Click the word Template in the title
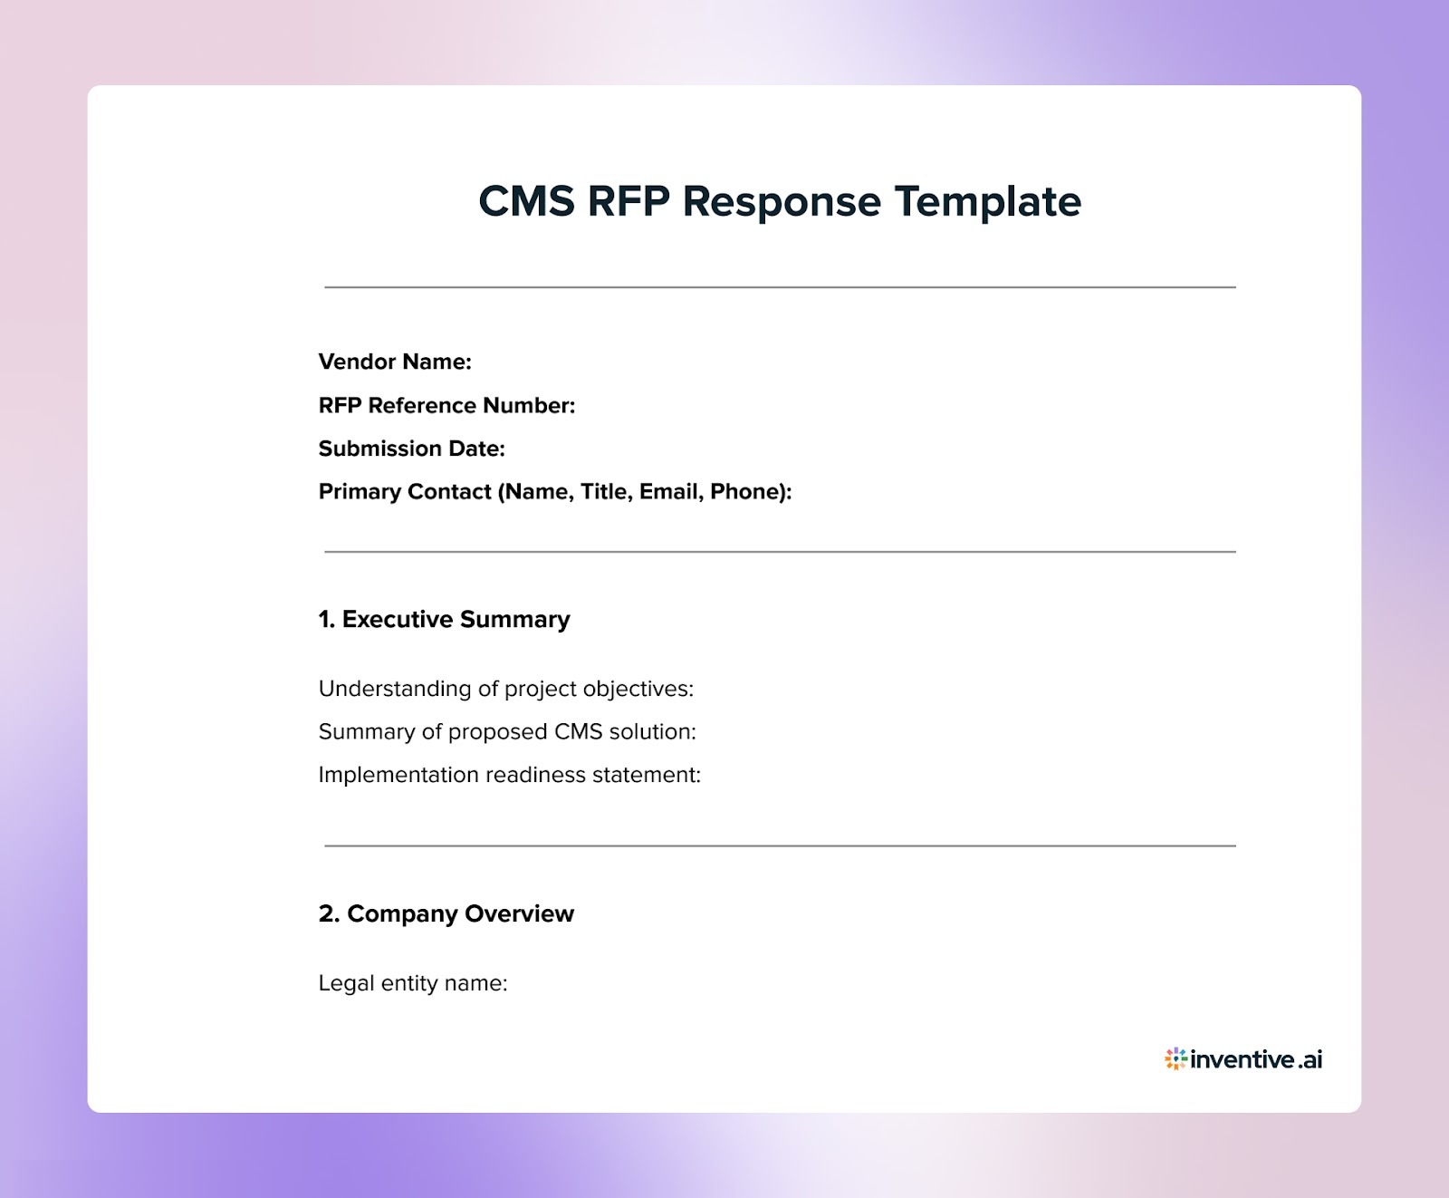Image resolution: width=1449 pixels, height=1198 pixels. (x=988, y=202)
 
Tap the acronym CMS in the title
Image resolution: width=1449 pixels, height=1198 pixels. (x=526, y=201)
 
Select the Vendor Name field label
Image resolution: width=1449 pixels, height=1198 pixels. (x=395, y=362)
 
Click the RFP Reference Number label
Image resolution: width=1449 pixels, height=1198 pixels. (x=446, y=405)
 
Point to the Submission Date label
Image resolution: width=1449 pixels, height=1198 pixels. (x=411, y=449)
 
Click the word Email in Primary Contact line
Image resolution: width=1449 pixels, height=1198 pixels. (x=668, y=491)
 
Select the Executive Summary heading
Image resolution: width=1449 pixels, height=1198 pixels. (x=445, y=619)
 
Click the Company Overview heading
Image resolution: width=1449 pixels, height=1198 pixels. (x=446, y=913)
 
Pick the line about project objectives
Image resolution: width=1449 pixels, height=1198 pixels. (x=505, y=689)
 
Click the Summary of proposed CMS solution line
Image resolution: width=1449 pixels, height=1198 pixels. (x=507, y=731)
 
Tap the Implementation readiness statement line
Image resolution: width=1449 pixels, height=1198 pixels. (x=509, y=775)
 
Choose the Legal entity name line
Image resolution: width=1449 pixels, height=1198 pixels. (x=412, y=983)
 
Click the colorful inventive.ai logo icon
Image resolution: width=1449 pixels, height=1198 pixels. (x=1176, y=1058)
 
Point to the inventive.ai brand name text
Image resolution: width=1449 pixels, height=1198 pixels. (x=1256, y=1058)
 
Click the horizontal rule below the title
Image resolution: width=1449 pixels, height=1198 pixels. (x=780, y=287)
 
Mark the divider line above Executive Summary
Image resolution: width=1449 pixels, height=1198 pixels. (x=780, y=551)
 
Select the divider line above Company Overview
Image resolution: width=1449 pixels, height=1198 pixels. (x=780, y=845)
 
